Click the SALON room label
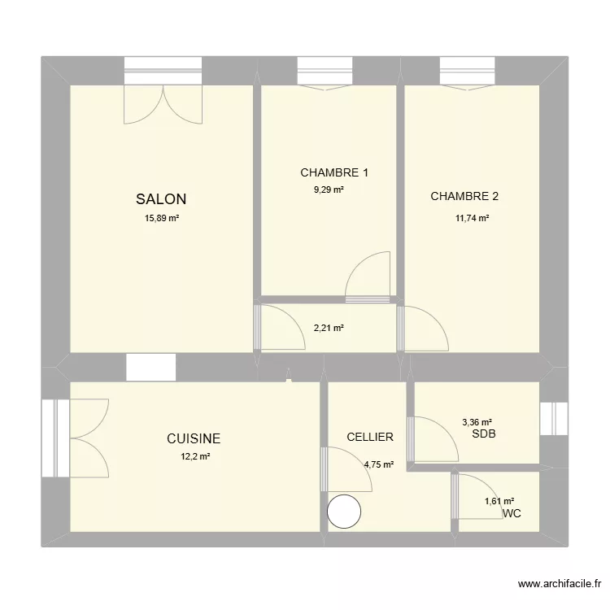click(x=161, y=198)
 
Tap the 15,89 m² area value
click(x=162, y=218)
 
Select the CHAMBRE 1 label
click(x=334, y=172)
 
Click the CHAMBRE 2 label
click(x=464, y=196)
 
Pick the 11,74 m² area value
click(x=472, y=218)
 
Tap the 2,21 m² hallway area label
click(x=329, y=329)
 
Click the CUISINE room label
click(x=194, y=438)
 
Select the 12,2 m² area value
click(x=195, y=457)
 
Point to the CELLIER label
click(x=369, y=437)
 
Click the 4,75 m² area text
click(x=379, y=465)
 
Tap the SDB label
click(x=483, y=434)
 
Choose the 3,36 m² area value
click(x=477, y=422)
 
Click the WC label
click(x=512, y=514)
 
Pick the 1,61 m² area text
click(x=499, y=501)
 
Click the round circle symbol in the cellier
click(x=344, y=512)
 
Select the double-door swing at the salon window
click(x=163, y=106)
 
